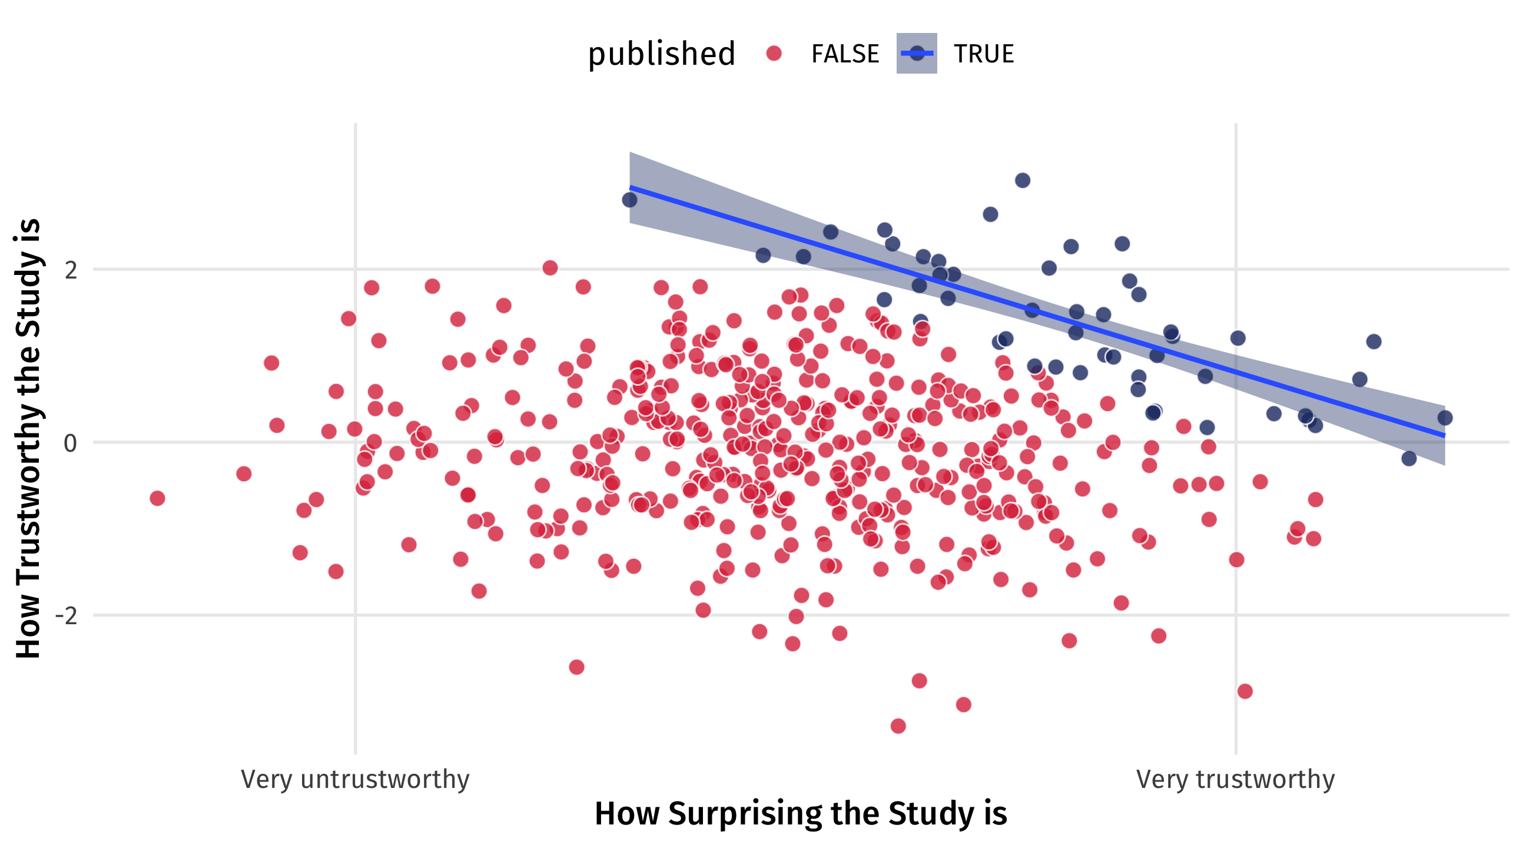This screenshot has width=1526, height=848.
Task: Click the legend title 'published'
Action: pos(661,54)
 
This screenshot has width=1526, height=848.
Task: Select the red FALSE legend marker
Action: pos(774,54)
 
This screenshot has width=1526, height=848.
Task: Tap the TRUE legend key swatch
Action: pos(917,54)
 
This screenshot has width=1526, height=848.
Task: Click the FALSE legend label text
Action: pos(845,54)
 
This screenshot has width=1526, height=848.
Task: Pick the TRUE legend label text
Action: pos(983,54)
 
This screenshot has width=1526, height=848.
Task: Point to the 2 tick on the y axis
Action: pos(71,270)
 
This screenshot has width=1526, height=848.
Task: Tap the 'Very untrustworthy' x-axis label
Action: pos(355,779)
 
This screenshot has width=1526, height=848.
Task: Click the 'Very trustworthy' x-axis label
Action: pos(1235,779)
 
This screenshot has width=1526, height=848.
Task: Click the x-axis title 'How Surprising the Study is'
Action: pos(800,814)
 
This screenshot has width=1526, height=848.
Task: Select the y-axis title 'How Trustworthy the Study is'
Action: pos(28,439)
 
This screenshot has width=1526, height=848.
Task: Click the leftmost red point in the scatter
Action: pos(157,498)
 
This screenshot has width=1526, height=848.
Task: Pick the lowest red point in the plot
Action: pos(898,726)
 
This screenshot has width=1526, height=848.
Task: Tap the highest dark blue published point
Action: pos(1023,180)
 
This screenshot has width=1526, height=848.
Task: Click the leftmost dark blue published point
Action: pos(630,200)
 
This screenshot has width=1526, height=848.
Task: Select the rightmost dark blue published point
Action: pos(1445,418)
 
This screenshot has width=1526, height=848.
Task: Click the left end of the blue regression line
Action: pos(631,187)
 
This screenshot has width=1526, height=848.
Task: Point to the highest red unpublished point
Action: pos(550,268)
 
